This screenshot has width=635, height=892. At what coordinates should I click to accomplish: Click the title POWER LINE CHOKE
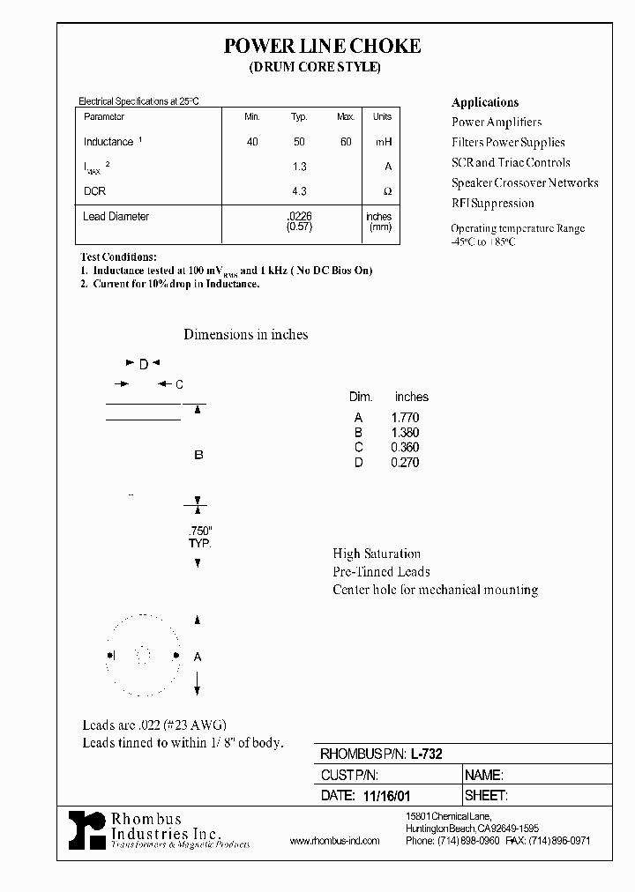pos(322,47)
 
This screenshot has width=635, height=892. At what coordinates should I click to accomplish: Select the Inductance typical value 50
pos(298,142)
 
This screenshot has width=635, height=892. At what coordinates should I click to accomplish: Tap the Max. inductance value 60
pos(346,142)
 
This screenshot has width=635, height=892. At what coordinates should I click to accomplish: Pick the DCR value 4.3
pos(298,190)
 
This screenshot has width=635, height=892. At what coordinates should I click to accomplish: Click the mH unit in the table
pos(382,142)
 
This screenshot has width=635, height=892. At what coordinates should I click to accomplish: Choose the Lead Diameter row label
pos(116,217)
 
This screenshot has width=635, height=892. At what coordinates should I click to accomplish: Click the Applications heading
pos(485,102)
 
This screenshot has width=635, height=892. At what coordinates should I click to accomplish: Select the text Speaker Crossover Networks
pos(525,183)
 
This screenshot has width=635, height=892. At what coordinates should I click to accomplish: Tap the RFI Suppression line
pos(493,204)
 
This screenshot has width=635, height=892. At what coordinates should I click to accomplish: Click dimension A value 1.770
pos(405,418)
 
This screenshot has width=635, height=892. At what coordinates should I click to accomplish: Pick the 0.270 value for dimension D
pos(405,463)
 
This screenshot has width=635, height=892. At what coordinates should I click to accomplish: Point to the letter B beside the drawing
pos(198,455)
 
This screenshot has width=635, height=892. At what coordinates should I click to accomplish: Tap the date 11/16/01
pos(388,795)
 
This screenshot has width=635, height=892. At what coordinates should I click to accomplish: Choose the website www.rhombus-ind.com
pos(334,841)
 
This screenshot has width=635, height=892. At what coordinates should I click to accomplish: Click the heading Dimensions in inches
pos(245,335)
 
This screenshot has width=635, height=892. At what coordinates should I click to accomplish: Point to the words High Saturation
pos(377,554)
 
